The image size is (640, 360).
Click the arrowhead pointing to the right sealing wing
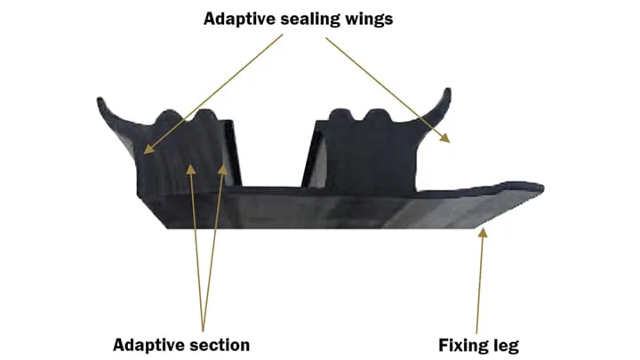[x=446, y=137]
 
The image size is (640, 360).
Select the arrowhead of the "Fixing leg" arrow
[x=484, y=233]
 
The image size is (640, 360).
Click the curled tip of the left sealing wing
[x=100, y=102]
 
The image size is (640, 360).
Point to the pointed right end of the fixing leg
[x=540, y=188]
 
